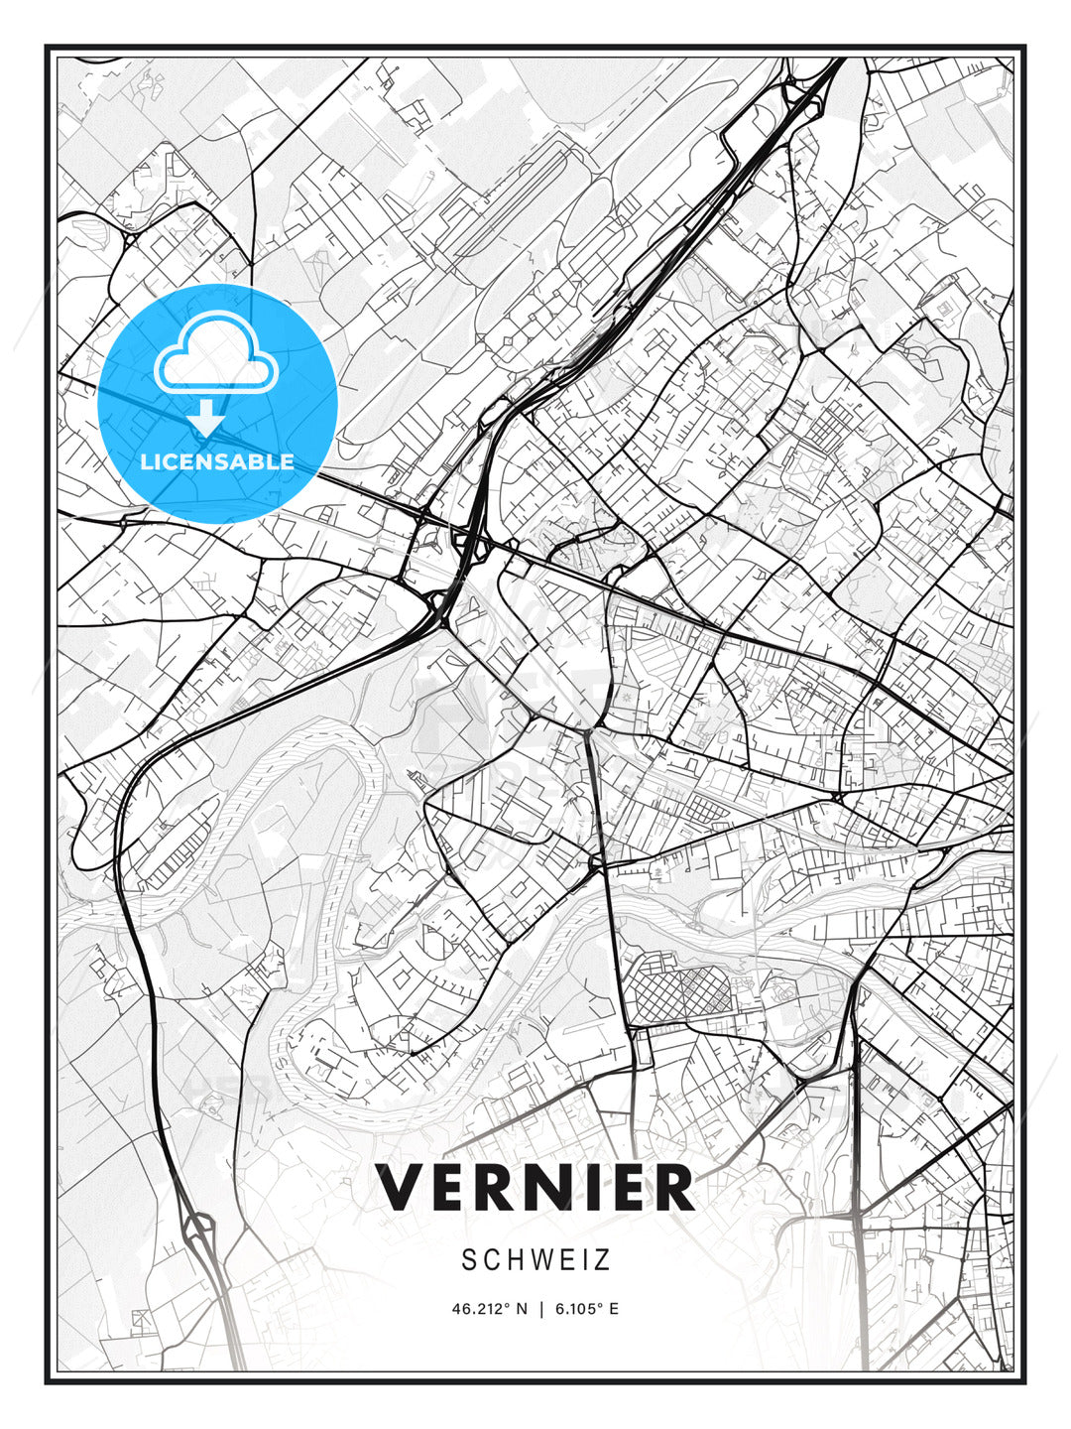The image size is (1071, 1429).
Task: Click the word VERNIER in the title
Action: [x=535, y=1188]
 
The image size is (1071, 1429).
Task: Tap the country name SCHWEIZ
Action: [x=535, y=1260]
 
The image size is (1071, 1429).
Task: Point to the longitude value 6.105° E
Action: [x=586, y=1309]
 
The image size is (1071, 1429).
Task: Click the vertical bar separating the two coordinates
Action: [x=540, y=1309]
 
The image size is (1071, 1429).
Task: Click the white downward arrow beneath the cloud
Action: [x=207, y=418]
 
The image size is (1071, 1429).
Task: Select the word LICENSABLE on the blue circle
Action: [x=217, y=461]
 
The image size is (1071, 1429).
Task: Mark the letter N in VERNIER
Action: [x=560, y=1188]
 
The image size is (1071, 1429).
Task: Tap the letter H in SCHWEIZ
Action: [x=505, y=1260]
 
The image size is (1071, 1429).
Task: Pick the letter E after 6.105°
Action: [x=614, y=1309]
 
